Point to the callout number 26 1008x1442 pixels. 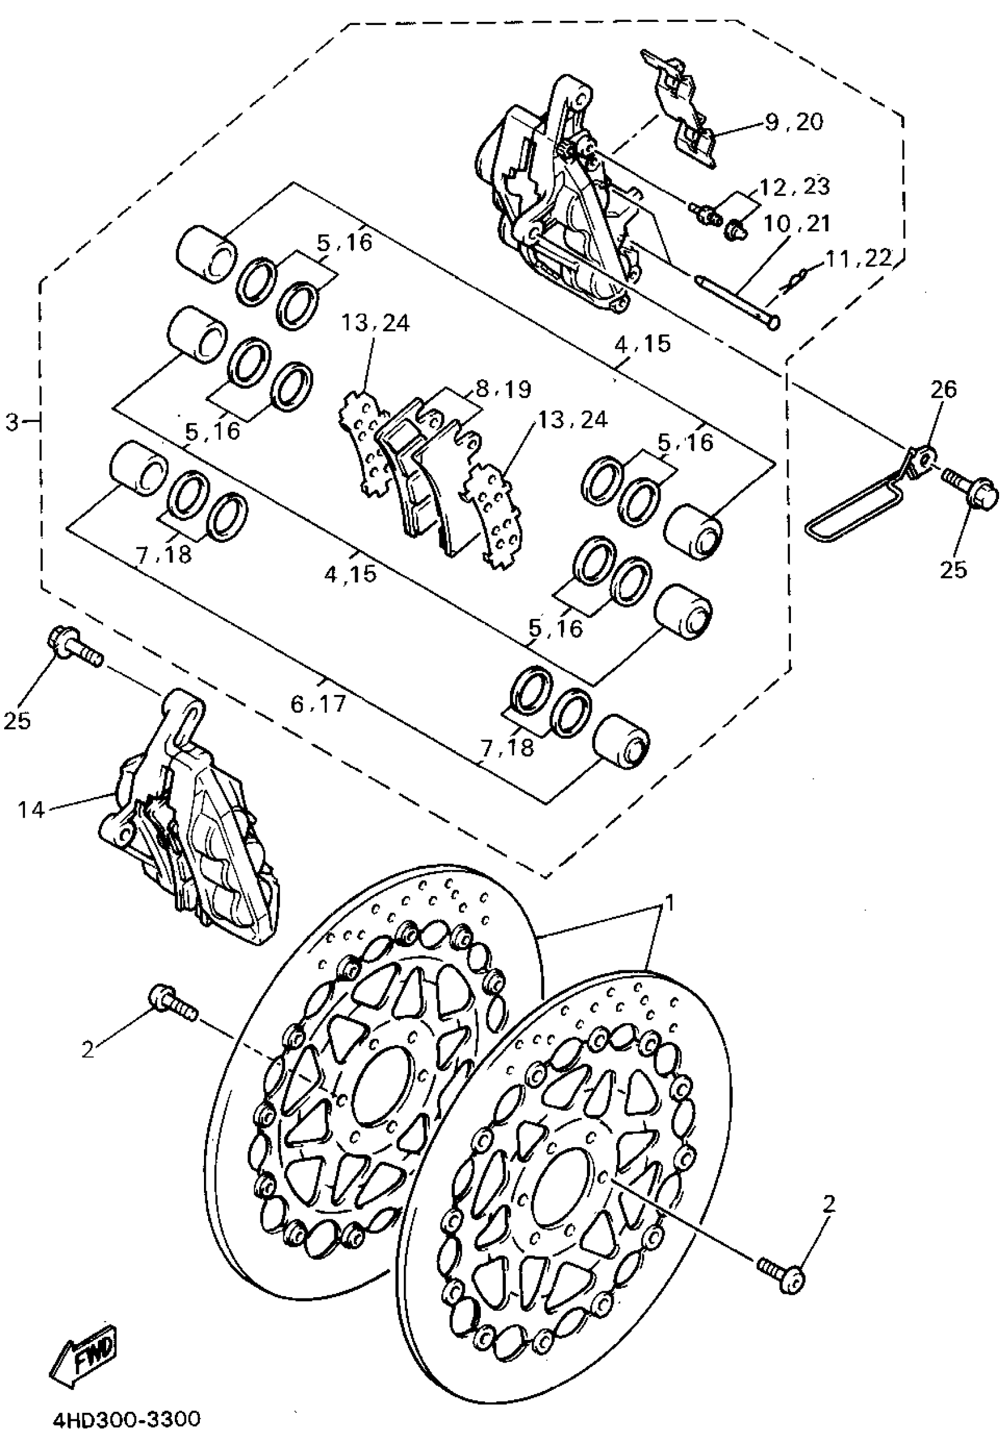[x=943, y=390]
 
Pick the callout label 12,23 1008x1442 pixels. [x=795, y=186]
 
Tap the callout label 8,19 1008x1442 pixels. [x=503, y=389]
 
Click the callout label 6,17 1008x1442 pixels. [x=318, y=703]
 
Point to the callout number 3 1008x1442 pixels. [x=12, y=423]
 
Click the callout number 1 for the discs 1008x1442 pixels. [x=669, y=903]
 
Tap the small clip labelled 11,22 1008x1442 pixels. [x=792, y=279]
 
